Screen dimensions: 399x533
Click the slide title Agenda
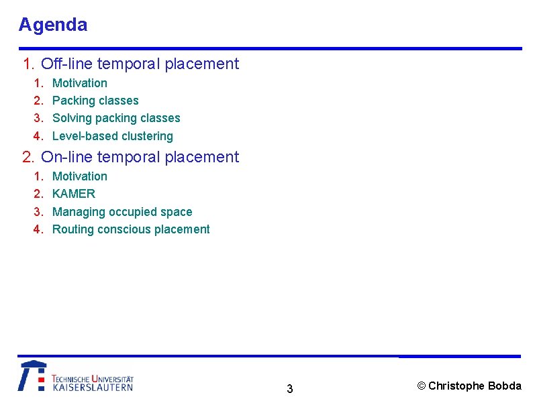coord(53,25)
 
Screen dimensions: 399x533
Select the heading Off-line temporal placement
coord(140,64)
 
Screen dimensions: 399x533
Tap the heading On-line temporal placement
coord(140,157)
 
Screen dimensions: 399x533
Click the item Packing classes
coord(95,101)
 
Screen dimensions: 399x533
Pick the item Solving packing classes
coord(116,118)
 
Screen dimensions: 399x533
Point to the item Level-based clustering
coord(112,136)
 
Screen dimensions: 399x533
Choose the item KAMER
coord(74,194)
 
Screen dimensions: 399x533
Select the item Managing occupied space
coord(122,212)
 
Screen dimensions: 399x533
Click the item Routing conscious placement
coord(131,229)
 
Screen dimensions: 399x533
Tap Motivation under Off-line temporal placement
coord(79,83)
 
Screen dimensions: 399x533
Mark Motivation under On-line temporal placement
coord(79,176)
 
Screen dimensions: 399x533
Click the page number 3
coord(289,389)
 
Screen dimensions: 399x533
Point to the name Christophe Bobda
coord(475,386)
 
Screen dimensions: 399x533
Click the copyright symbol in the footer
coord(422,386)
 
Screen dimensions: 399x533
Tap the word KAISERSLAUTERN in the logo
coord(93,387)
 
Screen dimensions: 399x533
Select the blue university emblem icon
coord(32,376)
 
